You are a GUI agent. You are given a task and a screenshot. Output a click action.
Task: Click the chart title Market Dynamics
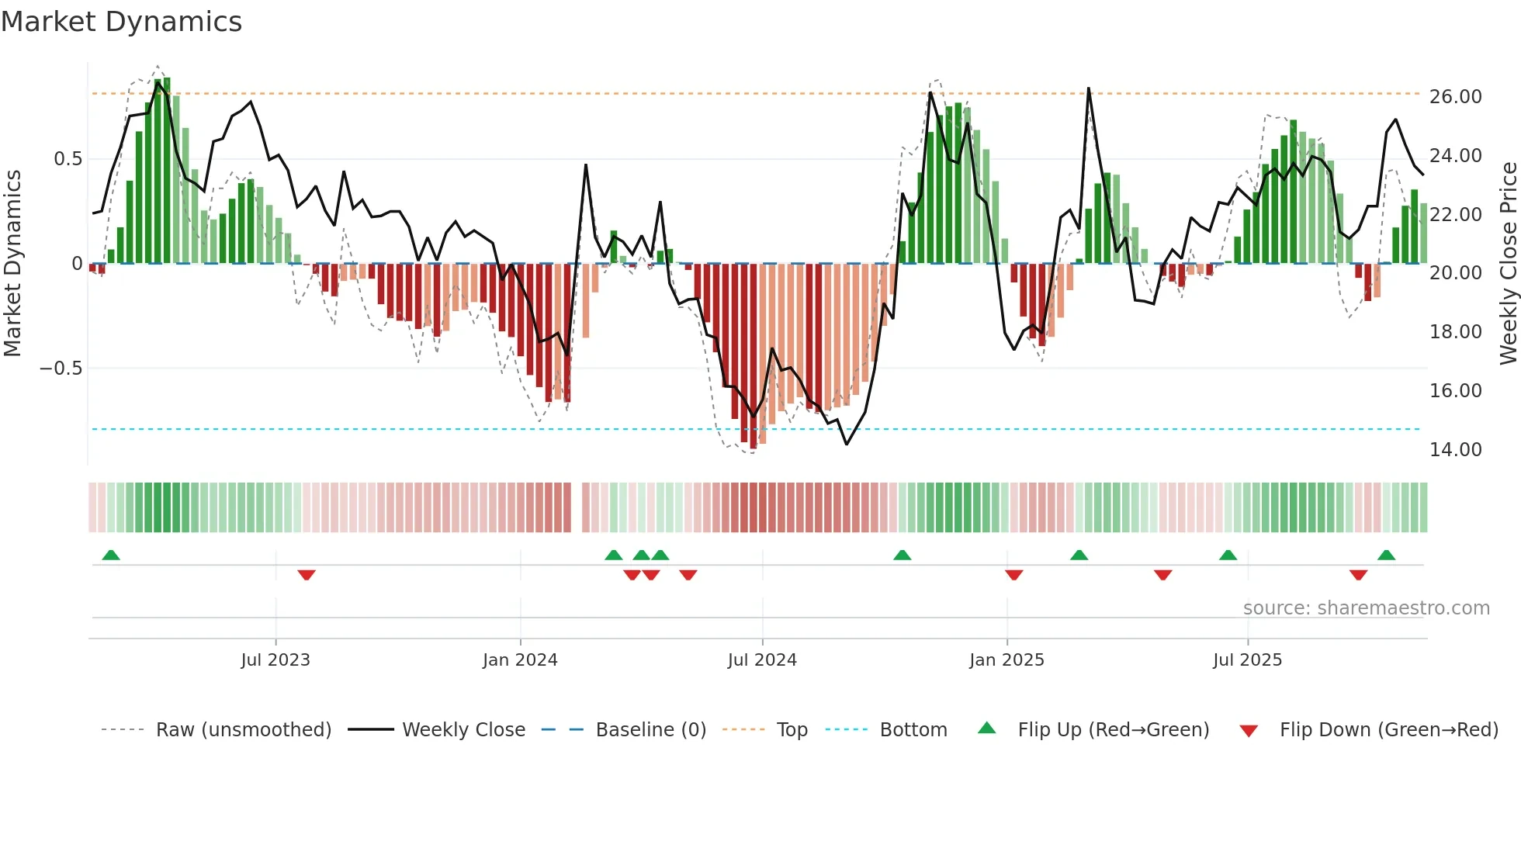[x=122, y=22]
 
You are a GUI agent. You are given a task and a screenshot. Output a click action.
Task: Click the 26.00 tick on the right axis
[x=1455, y=97]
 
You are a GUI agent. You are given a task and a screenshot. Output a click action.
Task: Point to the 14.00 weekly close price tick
[x=1455, y=450]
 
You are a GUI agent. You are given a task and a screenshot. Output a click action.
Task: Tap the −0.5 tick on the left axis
[x=61, y=369]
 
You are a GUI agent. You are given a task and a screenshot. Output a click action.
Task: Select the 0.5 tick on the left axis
[x=68, y=159]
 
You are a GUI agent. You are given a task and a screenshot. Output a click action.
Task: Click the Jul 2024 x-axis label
[x=762, y=660]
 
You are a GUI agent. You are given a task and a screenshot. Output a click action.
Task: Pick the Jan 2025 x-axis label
[x=1006, y=660]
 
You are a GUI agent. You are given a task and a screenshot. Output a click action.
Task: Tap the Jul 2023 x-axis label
[x=275, y=660]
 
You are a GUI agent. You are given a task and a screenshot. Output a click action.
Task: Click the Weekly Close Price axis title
[x=1508, y=264]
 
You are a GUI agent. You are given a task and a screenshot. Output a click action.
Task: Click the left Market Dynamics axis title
[x=12, y=264]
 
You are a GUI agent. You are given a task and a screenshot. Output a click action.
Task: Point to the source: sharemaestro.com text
[x=1366, y=608]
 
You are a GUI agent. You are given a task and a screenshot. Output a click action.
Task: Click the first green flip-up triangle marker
[x=111, y=556]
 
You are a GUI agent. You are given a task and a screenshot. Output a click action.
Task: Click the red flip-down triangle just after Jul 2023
[x=307, y=575]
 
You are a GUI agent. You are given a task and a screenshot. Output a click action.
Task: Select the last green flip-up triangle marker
[x=1386, y=556]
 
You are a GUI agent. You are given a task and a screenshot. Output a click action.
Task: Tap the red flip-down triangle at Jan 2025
[x=1013, y=575]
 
